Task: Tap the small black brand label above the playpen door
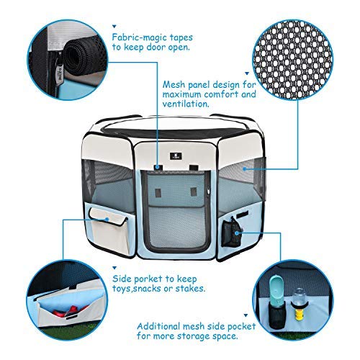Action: [175, 153]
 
